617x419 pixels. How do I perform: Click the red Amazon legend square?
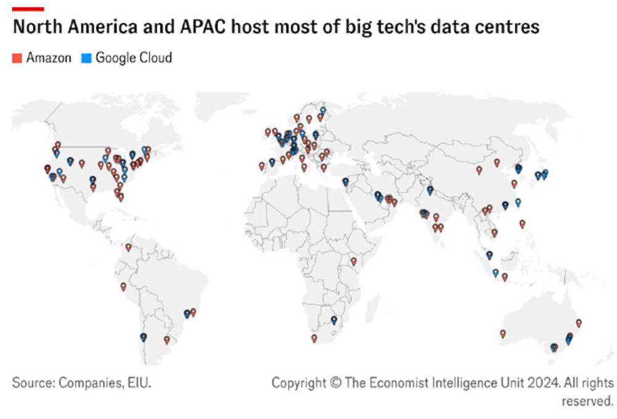(17, 59)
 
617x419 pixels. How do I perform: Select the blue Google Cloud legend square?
(86, 59)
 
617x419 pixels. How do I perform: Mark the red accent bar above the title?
(28, 9)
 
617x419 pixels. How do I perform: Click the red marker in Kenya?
(354, 261)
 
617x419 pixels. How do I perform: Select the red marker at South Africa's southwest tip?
(314, 338)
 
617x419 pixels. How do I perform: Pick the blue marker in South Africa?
(334, 320)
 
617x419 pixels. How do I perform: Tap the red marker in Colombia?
(128, 247)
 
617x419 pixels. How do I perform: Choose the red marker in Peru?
(123, 286)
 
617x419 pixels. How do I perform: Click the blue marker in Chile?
(143, 337)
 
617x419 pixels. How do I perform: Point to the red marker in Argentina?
(167, 339)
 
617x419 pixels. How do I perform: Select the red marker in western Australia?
(503, 333)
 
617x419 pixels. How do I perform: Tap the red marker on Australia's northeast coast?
(579, 322)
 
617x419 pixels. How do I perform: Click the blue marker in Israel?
(346, 181)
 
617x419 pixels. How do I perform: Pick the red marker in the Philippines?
(523, 223)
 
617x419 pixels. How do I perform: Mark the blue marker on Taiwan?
(518, 202)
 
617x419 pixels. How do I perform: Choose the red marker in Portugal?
(262, 165)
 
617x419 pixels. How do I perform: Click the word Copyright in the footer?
(299, 383)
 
